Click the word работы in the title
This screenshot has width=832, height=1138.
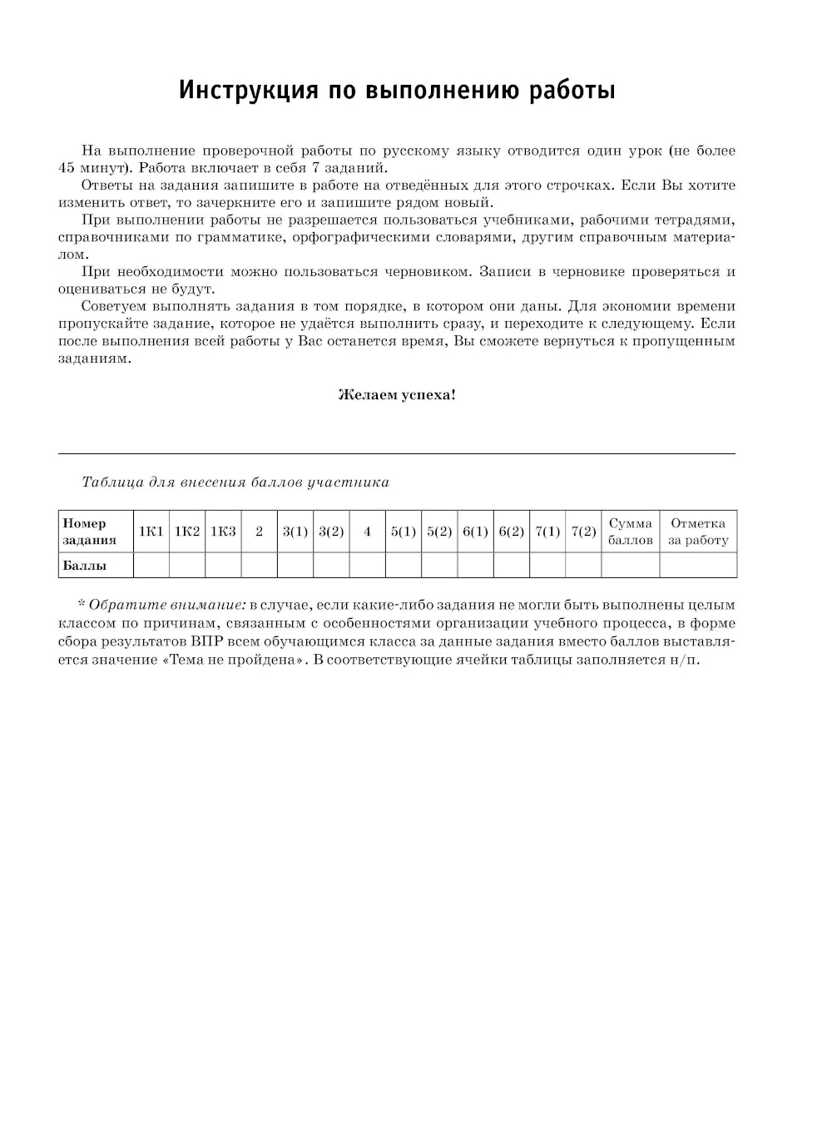click(572, 90)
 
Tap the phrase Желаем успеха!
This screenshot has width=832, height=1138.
click(397, 395)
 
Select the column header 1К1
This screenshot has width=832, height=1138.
click(151, 532)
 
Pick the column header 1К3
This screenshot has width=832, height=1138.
click(223, 532)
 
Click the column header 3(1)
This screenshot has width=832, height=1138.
click(295, 532)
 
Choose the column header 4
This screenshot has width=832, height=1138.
click(367, 532)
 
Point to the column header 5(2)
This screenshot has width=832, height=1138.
click(439, 532)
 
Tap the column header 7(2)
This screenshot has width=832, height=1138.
click(583, 532)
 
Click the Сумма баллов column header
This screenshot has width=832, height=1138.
click(631, 532)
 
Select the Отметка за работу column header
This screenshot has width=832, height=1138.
click(698, 532)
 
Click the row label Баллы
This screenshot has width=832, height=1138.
click(85, 566)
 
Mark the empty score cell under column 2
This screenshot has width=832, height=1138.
click(260, 566)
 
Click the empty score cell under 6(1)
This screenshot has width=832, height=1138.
click(475, 566)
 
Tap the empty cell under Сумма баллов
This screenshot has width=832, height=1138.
click(631, 566)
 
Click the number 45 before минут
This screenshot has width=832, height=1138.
click(67, 168)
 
